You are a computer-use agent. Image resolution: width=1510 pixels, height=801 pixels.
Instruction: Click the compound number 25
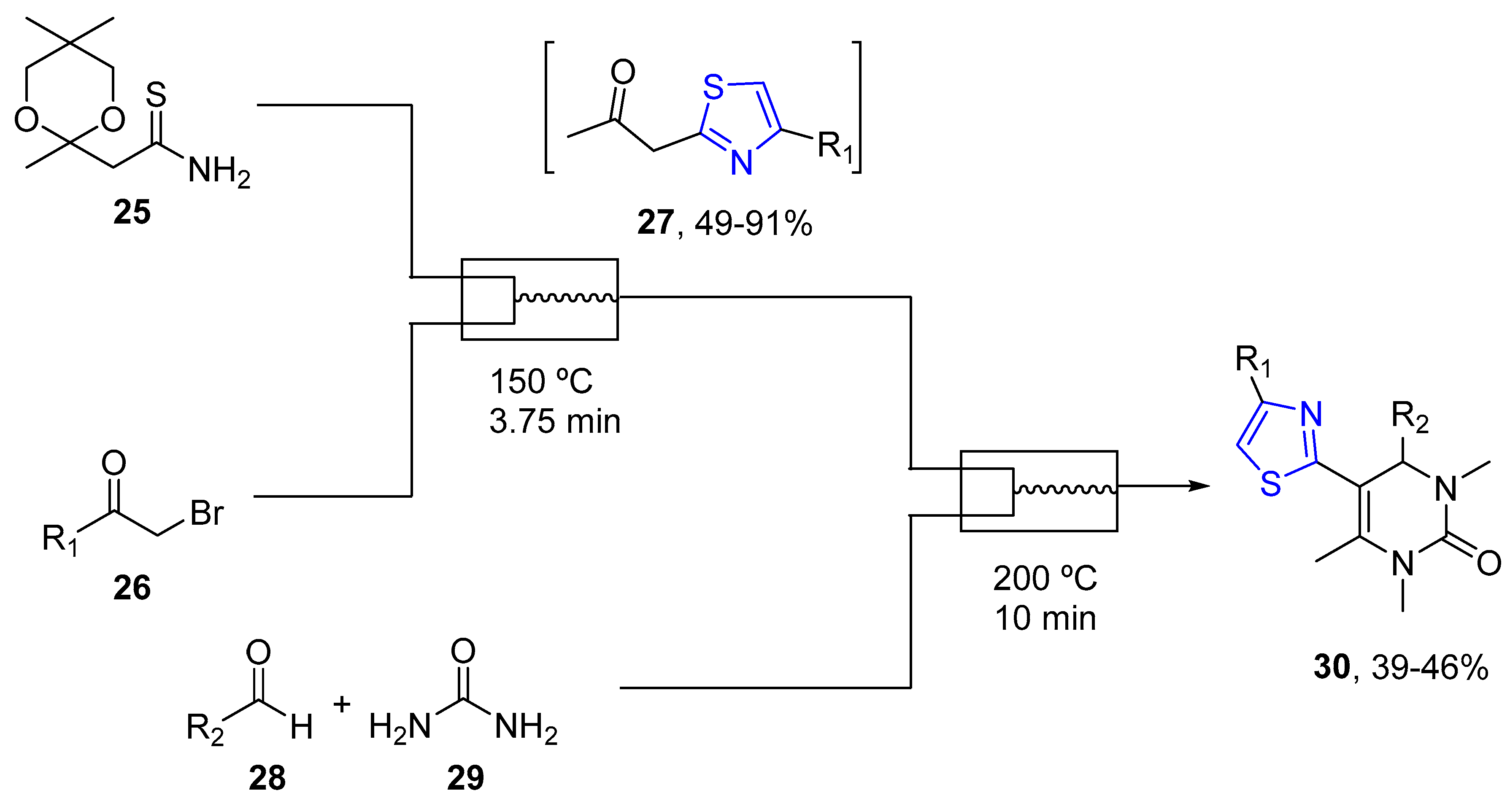[x=132, y=212]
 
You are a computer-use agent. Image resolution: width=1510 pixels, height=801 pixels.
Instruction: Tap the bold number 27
[x=655, y=223]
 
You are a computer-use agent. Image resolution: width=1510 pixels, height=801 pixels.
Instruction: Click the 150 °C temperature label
[x=540, y=381]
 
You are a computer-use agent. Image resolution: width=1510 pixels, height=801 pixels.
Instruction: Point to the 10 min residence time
[x=1045, y=618]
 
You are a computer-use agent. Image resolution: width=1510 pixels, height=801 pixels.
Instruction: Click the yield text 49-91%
[x=753, y=223]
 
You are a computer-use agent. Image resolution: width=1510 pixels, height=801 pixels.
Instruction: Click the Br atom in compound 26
[x=206, y=513]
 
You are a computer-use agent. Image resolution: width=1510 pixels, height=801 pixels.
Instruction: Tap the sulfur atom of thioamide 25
[x=156, y=95]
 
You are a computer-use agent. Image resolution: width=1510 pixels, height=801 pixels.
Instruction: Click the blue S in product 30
[x=1270, y=484]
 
